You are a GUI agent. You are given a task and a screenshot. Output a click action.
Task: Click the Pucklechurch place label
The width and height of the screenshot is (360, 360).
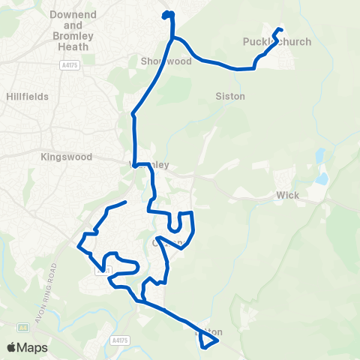click(277, 42)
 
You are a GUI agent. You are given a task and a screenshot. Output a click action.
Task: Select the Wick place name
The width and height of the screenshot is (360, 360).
click(288, 196)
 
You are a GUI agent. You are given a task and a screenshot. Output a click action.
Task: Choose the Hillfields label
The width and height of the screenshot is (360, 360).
click(26, 97)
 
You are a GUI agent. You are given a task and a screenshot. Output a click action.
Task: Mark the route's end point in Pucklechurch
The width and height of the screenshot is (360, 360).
click(280, 29)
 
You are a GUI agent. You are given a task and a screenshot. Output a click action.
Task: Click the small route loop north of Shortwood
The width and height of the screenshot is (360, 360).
click(168, 15)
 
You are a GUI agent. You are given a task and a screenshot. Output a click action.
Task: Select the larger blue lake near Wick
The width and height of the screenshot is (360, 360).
click(322, 178)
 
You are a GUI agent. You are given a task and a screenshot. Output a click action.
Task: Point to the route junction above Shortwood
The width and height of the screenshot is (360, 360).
click(172, 37)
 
